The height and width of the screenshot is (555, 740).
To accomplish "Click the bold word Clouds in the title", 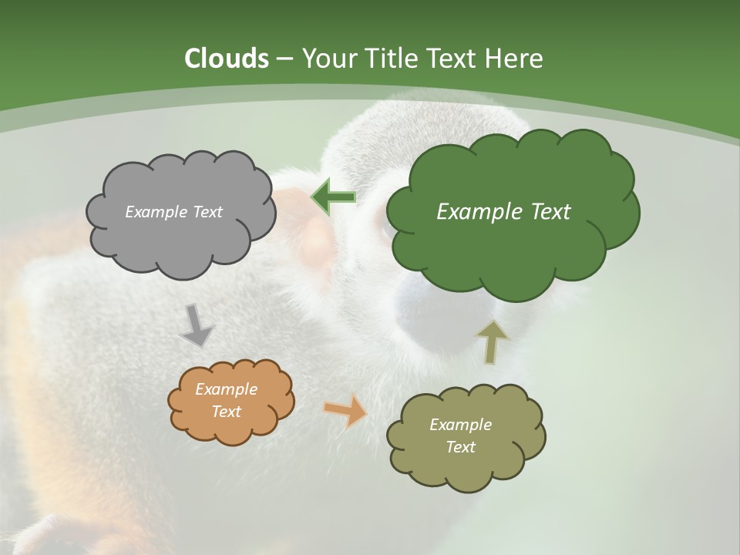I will click(227, 59).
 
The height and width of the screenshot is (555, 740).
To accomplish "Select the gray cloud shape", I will click(180, 231).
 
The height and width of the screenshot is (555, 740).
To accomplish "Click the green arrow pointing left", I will click(333, 197).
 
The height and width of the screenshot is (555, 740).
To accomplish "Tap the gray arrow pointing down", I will click(197, 325).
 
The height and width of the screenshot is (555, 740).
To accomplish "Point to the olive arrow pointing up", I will click(492, 341).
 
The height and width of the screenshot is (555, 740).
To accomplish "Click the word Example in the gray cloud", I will click(153, 212).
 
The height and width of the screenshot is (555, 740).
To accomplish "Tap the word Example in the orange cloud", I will click(226, 389).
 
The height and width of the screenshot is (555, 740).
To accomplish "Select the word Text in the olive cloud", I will click(460, 447).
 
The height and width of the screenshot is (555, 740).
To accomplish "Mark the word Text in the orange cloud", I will click(226, 412).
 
